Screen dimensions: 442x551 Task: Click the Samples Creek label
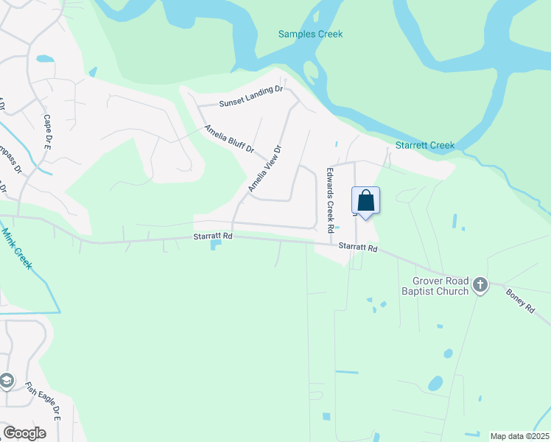[310, 34]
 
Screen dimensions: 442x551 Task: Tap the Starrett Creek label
[425, 146]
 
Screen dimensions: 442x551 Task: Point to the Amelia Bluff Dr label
[229, 138]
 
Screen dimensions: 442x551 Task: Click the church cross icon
[480, 284]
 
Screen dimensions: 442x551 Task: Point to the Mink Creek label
[16, 249]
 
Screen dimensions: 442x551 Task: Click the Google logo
[24, 433]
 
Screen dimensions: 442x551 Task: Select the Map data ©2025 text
[519, 436]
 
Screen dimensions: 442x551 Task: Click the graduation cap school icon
[7, 381]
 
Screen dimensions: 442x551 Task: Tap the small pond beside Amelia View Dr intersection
[215, 244]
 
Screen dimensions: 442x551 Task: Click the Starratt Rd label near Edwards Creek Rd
[358, 249]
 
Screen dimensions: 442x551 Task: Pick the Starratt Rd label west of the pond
[213, 236]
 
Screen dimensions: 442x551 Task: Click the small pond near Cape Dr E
[45, 58]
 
